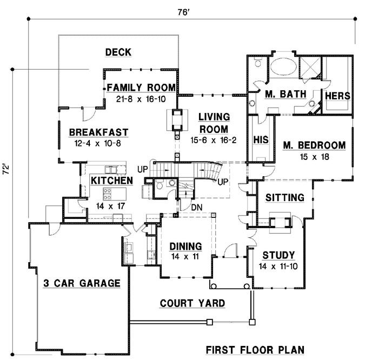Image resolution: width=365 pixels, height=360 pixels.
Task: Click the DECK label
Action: coord(118,52)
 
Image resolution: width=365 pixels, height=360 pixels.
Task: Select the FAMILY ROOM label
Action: coord(141,88)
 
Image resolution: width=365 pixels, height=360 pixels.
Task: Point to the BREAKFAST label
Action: coord(98,132)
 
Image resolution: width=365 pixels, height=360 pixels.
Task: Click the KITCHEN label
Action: coord(111,180)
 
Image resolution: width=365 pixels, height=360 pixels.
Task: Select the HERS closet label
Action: coord(337,96)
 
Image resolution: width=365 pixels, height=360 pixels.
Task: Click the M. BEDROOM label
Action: coord(314,145)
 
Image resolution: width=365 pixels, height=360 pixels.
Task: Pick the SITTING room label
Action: coord(284,198)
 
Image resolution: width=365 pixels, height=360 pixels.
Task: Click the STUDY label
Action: coord(278,256)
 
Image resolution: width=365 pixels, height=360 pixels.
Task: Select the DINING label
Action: coord(185,245)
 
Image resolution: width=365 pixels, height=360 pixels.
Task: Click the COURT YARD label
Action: coord(193,303)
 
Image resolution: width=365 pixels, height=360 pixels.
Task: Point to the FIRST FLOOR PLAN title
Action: coord(254,349)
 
